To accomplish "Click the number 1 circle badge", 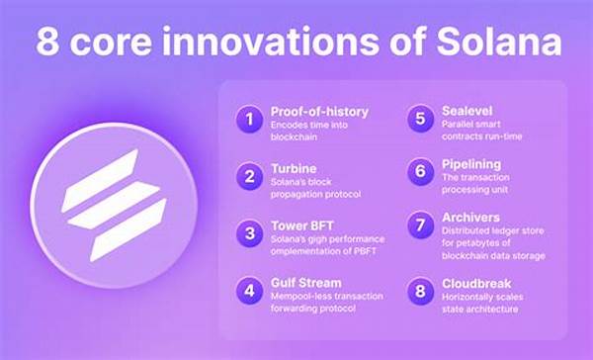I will (248, 120).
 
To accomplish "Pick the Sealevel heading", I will (466, 111).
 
